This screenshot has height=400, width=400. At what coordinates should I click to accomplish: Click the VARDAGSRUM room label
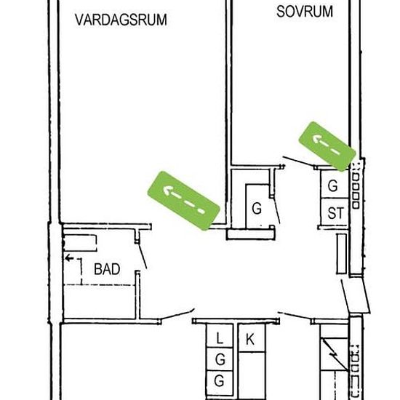click(x=121, y=20)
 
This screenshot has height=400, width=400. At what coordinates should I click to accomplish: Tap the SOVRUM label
click(x=305, y=12)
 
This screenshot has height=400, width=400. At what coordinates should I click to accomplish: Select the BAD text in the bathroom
click(x=107, y=269)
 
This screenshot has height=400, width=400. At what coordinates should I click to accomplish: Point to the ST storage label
click(x=335, y=213)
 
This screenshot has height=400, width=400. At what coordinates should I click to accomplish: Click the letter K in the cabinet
click(x=250, y=340)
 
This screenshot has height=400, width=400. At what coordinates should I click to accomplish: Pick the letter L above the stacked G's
click(x=220, y=338)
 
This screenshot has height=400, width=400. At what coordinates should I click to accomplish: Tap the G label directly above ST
click(x=333, y=185)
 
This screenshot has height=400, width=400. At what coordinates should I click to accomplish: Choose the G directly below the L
click(x=220, y=359)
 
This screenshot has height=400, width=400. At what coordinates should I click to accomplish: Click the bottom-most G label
click(x=220, y=381)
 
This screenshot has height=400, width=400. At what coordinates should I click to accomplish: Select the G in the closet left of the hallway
click(x=257, y=209)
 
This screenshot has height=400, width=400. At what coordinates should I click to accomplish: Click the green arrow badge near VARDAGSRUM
click(x=184, y=201)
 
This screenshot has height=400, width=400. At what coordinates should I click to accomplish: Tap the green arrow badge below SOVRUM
click(x=327, y=146)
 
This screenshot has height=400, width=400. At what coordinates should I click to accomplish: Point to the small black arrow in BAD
click(x=69, y=258)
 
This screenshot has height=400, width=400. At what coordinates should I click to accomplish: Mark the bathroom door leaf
click(x=143, y=255)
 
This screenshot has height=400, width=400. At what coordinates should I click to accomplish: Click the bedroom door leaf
click(x=299, y=161)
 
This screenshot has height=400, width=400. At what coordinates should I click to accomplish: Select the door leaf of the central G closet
click(x=277, y=209)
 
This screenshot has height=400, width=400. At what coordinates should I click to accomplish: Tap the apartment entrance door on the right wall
click(x=345, y=296)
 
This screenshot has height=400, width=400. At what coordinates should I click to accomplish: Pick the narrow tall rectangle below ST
click(x=342, y=254)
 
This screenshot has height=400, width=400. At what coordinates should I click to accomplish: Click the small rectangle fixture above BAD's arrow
click(x=80, y=243)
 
